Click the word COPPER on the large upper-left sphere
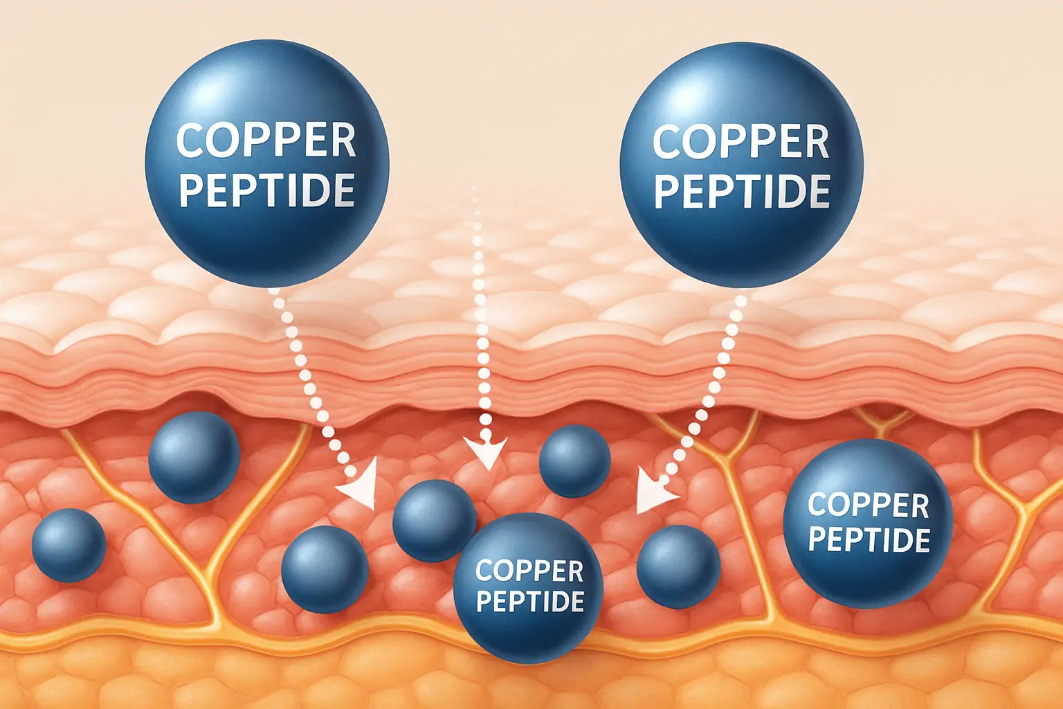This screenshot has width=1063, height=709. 266,141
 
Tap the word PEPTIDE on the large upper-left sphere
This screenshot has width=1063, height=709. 267,190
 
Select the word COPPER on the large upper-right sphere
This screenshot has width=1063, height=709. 741,142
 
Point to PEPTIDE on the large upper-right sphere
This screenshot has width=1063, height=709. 742,191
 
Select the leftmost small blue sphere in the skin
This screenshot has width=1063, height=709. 69,544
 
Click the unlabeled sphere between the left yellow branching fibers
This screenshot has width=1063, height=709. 194,457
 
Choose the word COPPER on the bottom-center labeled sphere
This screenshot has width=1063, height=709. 529,571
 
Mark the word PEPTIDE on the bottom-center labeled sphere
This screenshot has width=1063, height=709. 530,601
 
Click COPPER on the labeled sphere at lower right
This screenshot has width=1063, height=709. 868,505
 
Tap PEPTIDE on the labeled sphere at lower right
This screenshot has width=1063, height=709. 869,539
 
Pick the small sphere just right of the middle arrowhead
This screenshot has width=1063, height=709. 574,461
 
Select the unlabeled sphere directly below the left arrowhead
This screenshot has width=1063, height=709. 325,569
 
